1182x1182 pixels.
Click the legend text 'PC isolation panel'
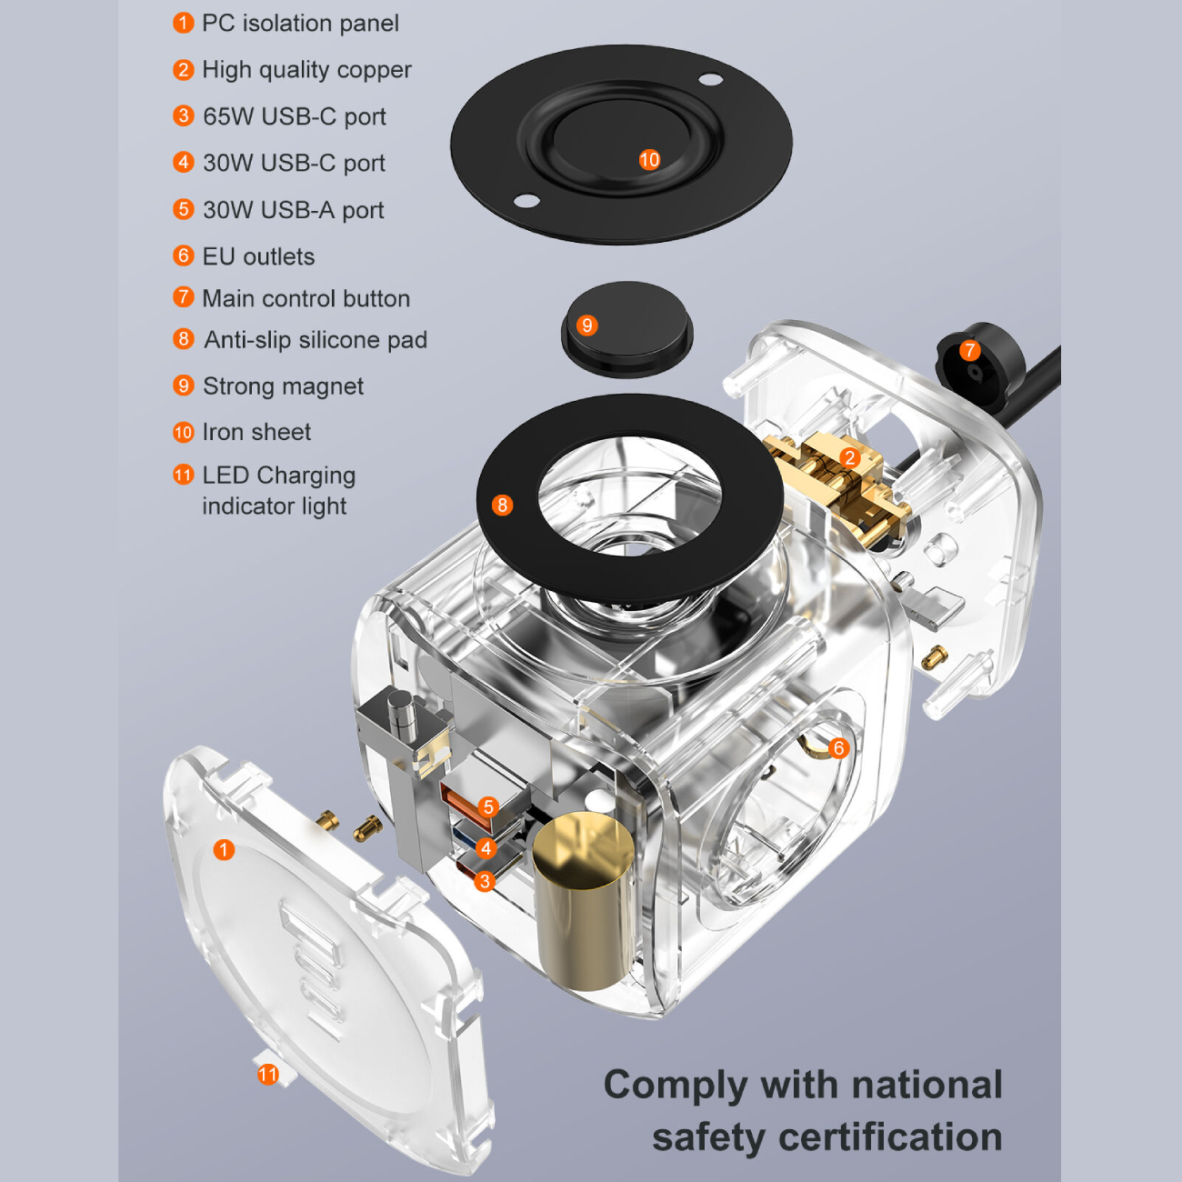(300, 24)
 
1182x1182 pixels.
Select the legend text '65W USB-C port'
(295, 116)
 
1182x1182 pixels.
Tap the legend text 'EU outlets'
(258, 256)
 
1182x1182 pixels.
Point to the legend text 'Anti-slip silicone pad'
(316, 340)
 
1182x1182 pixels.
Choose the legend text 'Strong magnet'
(283, 386)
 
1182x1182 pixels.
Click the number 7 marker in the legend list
(184, 297)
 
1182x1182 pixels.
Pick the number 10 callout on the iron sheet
(649, 160)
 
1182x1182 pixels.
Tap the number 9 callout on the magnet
(587, 326)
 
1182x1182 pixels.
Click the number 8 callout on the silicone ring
(502, 505)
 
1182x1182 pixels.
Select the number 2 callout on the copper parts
(850, 457)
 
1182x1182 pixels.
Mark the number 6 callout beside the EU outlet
(838, 748)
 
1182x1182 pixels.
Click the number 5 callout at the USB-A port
(488, 806)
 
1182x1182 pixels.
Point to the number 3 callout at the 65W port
(485, 881)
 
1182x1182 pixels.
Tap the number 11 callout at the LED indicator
(267, 1075)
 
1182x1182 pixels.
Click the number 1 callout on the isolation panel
(224, 849)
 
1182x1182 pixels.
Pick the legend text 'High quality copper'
(306, 70)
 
